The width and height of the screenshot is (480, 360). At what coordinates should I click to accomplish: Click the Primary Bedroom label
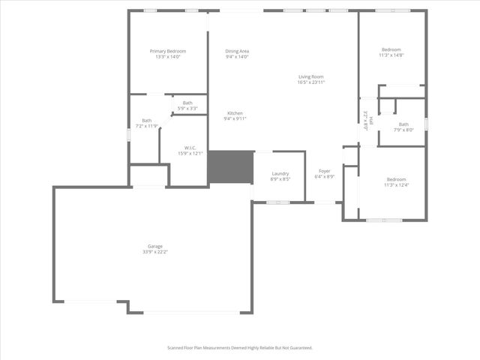(167, 51)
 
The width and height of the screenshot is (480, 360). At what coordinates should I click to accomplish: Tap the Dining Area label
(237, 51)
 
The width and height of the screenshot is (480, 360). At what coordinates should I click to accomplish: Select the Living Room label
(310, 76)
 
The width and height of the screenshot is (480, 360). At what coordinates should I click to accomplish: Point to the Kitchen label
(235, 113)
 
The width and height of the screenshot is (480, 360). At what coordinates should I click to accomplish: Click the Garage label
(155, 246)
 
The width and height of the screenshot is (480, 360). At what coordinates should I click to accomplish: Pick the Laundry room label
(280, 173)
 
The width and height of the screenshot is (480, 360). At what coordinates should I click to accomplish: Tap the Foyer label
(324, 171)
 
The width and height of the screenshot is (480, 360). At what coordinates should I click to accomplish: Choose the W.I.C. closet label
(190, 148)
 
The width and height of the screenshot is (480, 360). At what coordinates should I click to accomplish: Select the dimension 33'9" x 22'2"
(155, 252)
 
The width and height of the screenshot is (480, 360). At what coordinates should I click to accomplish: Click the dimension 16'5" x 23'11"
(310, 82)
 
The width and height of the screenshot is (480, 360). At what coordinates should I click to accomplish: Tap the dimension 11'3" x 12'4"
(396, 184)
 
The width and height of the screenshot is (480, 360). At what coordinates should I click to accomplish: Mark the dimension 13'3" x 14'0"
(167, 57)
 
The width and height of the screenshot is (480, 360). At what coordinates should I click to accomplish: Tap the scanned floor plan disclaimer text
(239, 348)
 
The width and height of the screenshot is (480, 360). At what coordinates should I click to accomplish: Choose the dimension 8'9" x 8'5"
(280, 179)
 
